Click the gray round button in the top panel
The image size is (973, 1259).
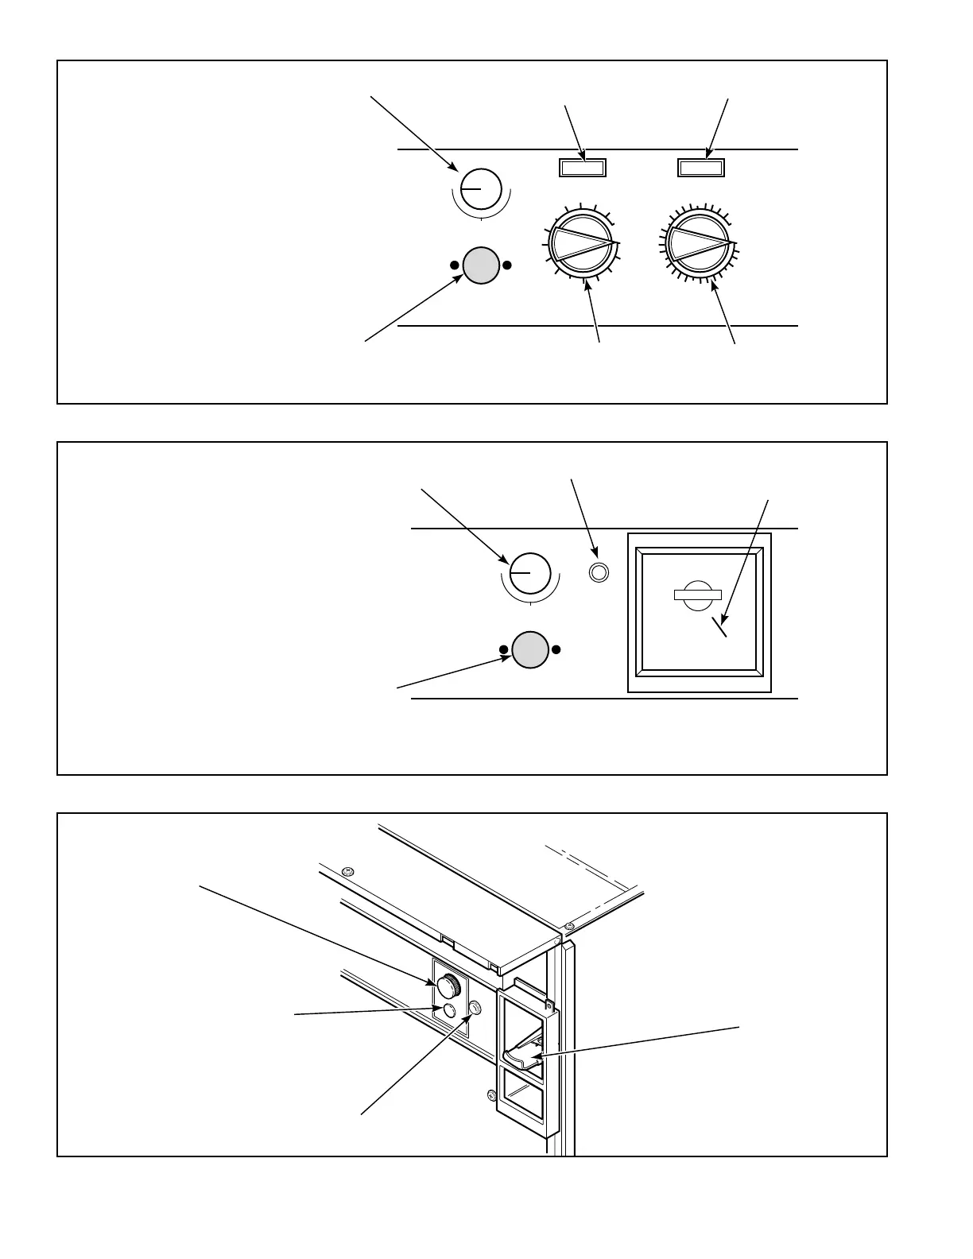[x=480, y=265]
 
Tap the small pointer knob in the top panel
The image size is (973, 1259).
[x=481, y=189]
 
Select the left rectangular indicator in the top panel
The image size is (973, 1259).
[x=583, y=167]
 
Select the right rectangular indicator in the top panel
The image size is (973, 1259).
[x=701, y=167]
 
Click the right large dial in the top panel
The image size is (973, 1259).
[x=700, y=242]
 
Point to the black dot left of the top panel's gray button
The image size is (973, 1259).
[x=454, y=265]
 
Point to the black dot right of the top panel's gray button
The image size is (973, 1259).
[x=507, y=265]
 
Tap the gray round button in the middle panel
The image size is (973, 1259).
[x=530, y=649]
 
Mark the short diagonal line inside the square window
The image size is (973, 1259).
[x=719, y=627]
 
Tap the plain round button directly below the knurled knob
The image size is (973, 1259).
[x=449, y=1009]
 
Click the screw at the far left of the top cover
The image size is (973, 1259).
[x=346, y=873]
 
